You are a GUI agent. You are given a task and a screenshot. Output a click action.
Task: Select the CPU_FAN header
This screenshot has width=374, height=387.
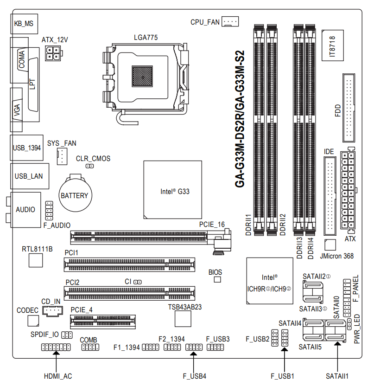point(230,22)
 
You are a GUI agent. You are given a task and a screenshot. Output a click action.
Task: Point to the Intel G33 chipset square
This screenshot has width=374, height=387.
point(173,190)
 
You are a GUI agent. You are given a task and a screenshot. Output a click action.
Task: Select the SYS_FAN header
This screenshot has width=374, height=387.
point(62,157)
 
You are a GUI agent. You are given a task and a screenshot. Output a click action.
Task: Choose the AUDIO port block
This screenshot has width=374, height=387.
point(25,209)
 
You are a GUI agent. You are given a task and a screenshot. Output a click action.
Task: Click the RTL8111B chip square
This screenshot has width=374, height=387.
point(36,260)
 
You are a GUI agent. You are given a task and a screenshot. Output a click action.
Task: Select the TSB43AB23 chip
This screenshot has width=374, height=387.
point(184,318)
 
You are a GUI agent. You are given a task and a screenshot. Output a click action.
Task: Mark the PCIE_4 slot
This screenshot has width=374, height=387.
point(103,321)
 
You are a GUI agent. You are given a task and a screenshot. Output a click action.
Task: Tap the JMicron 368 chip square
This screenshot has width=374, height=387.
point(330,245)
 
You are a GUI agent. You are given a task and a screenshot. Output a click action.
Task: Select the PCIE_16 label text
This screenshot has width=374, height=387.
point(212,225)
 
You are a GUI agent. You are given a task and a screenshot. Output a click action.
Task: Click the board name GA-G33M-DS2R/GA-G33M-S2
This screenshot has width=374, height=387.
point(240,118)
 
